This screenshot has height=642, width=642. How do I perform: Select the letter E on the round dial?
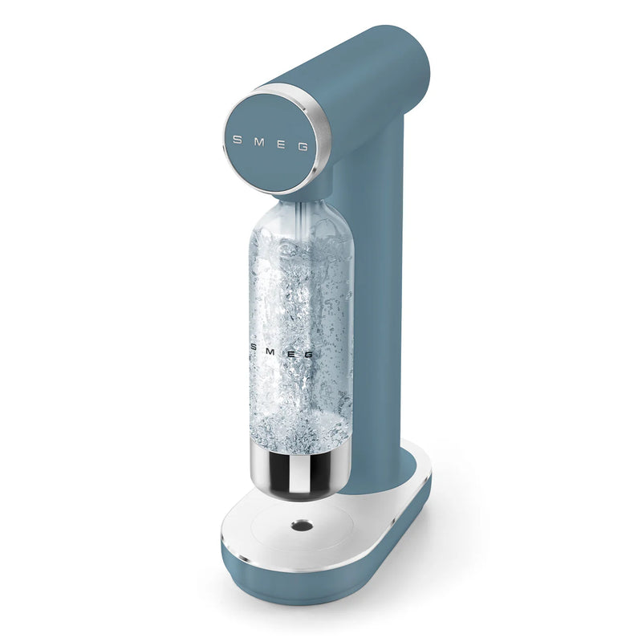point(280,144)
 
